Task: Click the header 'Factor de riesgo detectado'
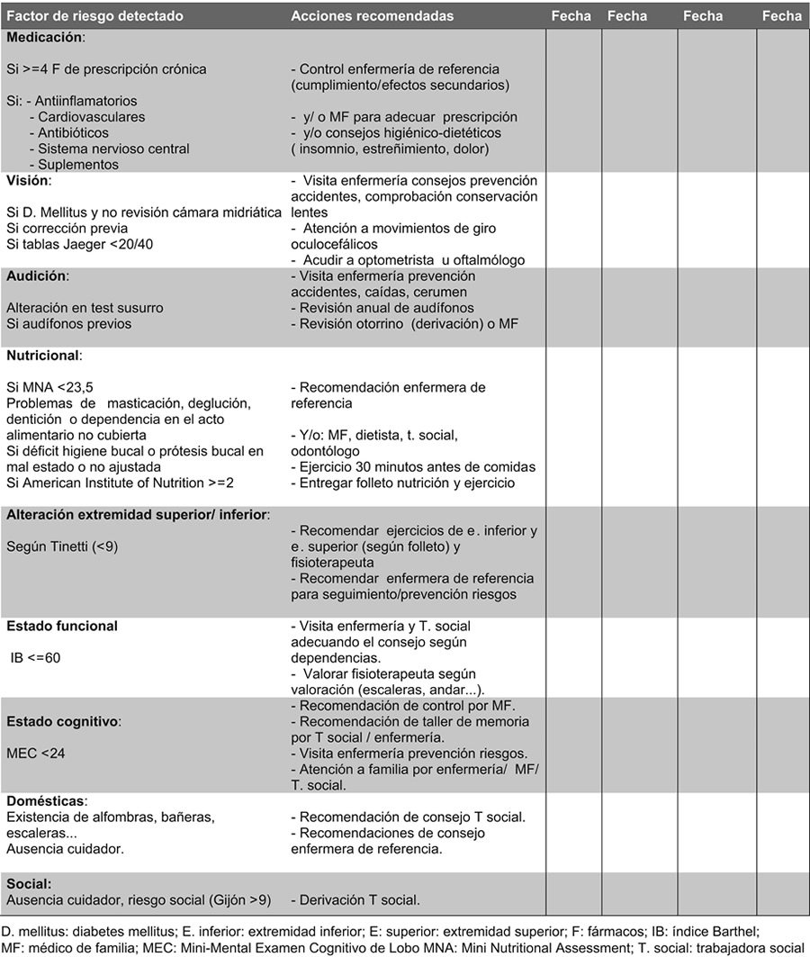point(94,16)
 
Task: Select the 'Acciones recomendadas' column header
point(373,16)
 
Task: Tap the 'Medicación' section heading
point(46,38)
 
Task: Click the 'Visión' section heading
point(29,181)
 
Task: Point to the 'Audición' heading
point(37,275)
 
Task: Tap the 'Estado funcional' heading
point(62,626)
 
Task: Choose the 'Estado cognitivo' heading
point(64,721)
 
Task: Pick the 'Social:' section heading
point(29,883)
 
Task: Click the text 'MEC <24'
point(35,753)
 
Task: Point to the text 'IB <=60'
point(36,657)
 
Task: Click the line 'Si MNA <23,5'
point(49,387)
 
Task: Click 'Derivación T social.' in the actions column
point(356,899)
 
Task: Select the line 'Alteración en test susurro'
point(85,308)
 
